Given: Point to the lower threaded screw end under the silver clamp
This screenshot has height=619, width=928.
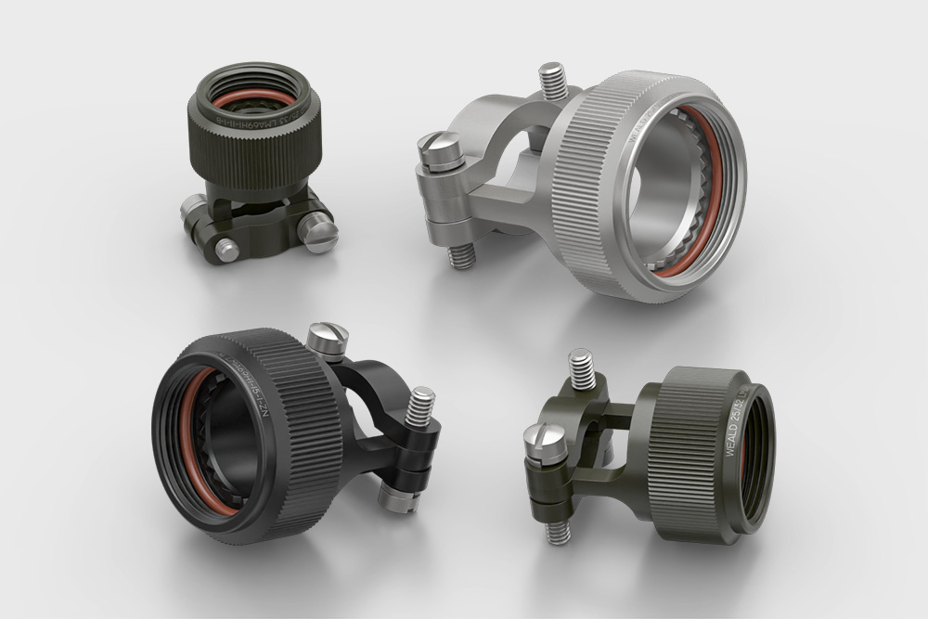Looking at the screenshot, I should point(461,253).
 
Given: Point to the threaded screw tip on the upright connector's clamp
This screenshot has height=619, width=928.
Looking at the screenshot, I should point(226,249).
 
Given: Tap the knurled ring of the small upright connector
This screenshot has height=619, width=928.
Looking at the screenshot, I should point(255,148).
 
